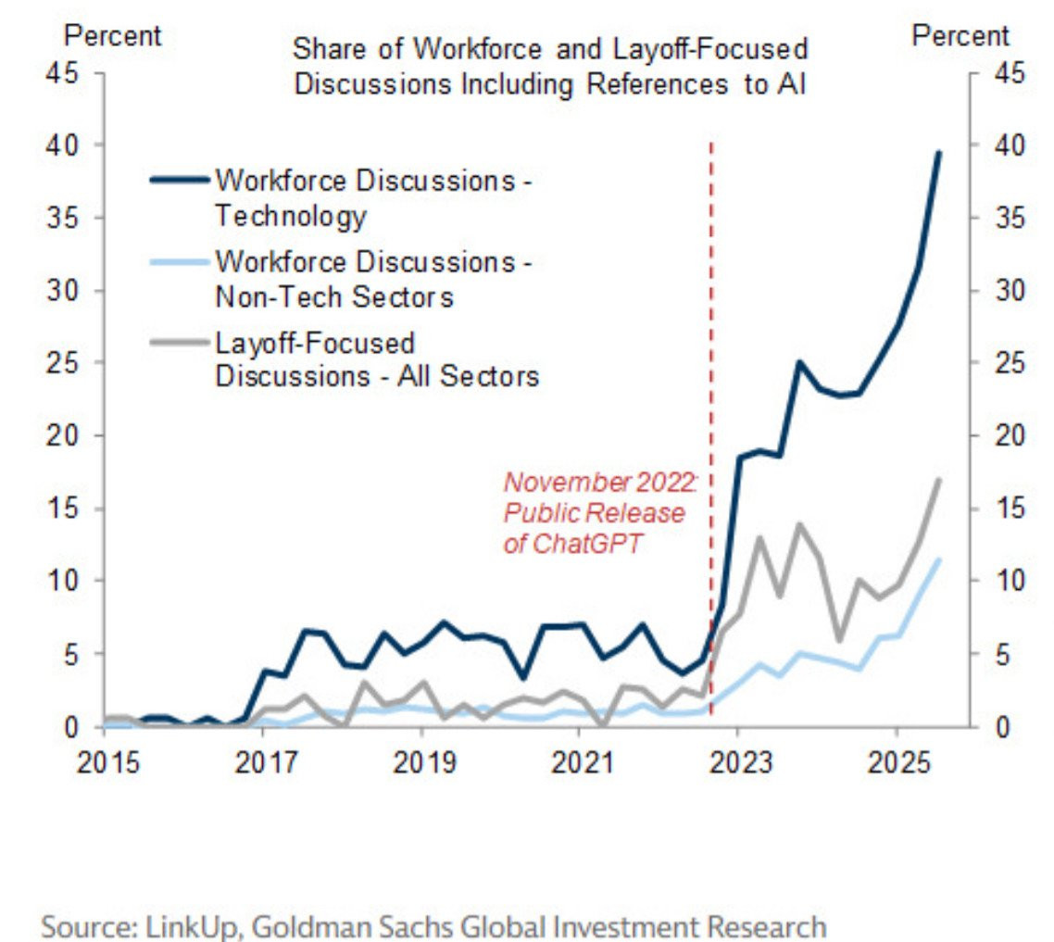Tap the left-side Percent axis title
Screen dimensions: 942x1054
(x=111, y=36)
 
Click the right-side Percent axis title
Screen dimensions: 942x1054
(x=960, y=36)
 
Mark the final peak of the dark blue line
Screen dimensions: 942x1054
(x=939, y=153)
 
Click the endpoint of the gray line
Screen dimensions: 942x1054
(x=939, y=480)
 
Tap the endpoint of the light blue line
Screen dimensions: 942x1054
(x=939, y=559)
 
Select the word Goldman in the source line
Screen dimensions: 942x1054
(x=295, y=925)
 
